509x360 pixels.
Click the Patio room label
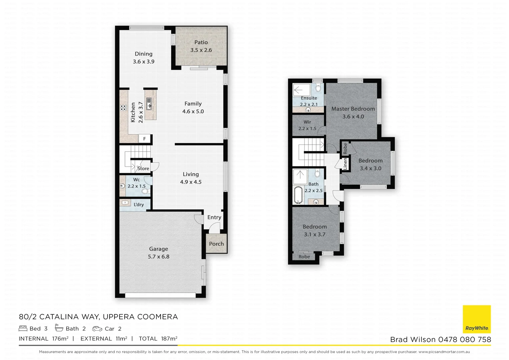[x=201, y=42]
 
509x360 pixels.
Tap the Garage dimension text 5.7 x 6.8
[x=159, y=257]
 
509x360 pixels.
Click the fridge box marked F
[x=145, y=139]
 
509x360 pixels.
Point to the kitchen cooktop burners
[x=124, y=107]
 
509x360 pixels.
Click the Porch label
[x=216, y=244]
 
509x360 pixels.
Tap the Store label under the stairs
[x=143, y=168]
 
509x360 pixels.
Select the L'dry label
[x=139, y=204]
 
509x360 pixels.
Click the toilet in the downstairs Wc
[x=145, y=191]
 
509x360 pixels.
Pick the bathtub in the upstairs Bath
[x=298, y=195]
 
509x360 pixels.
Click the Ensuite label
[x=309, y=98]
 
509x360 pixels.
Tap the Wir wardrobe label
[x=307, y=122]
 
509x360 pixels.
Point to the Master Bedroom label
[x=353, y=109]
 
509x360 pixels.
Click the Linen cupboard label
[x=345, y=164]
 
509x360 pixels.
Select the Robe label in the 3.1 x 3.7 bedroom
[x=304, y=257]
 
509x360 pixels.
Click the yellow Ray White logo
[x=477, y=319]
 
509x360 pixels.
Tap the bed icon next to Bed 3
[x=23, y=328]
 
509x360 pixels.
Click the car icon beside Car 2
[x=97, y=329]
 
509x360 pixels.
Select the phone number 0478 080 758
[x=464, y=339]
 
